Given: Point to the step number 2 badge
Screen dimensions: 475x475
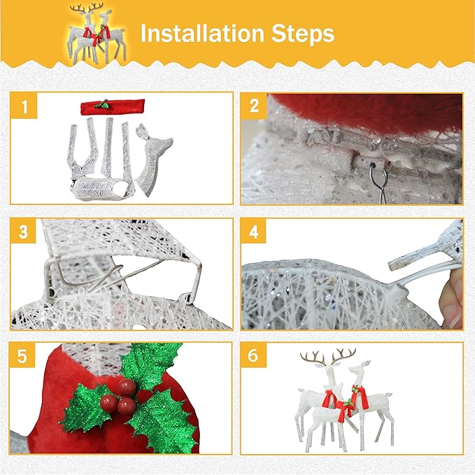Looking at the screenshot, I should pyautogui.click(x=253, y=107).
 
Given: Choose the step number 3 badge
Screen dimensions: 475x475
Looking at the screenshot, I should pyautogui.click(x=24, y=232).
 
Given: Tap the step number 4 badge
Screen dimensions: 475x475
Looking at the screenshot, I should pyautogui.click(x=253, y=232).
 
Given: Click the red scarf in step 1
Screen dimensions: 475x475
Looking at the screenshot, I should pyautogui.click(x=112, y=106).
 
